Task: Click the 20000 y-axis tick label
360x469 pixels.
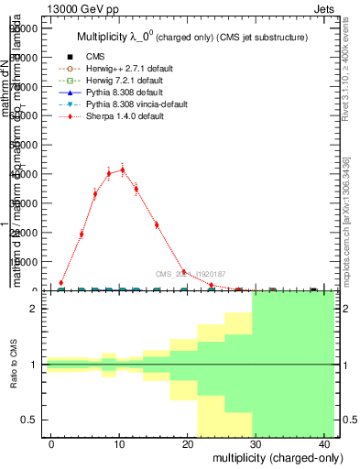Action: click(26, 232)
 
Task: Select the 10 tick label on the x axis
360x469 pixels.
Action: click(119, 442)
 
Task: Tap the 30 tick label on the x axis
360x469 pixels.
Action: click(254, 442)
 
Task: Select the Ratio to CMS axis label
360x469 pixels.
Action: click(14, 365)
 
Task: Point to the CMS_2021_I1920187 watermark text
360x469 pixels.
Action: click(190, 274)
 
